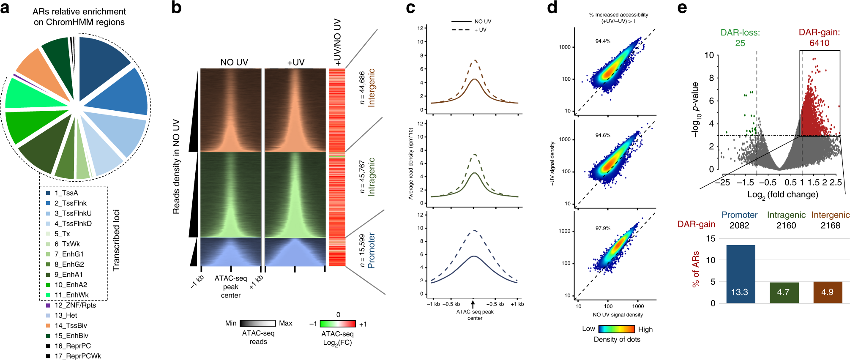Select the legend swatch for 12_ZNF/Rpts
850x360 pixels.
click(x=48, y=305)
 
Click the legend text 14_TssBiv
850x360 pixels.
click(x=71, y=325)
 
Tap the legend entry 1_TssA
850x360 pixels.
click(x=66, y=193)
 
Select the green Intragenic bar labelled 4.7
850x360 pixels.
click(x=784, y=292)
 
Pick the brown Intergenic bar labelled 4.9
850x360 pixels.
click(x=828, y=292)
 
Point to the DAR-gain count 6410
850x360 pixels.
click(x=819, y=43)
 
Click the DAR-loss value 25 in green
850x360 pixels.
click(x=740, y=43)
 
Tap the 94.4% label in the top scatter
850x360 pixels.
click(x=603, y=41)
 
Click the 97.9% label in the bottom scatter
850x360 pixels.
click(x=603, y=228)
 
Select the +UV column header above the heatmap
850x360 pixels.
click(x=296, y=62)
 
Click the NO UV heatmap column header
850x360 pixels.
click(x=234, y=62)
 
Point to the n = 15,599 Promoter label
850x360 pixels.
click(x=367, y=251)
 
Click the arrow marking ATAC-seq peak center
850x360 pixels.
click(x=473, y=304)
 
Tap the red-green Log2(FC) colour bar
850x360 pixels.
click(x=338, y=324)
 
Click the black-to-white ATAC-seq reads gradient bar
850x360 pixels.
click(x=257, y=323)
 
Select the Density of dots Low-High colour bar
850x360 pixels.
click(x=617, y=329)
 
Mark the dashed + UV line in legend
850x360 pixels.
click(x=461, y=30)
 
